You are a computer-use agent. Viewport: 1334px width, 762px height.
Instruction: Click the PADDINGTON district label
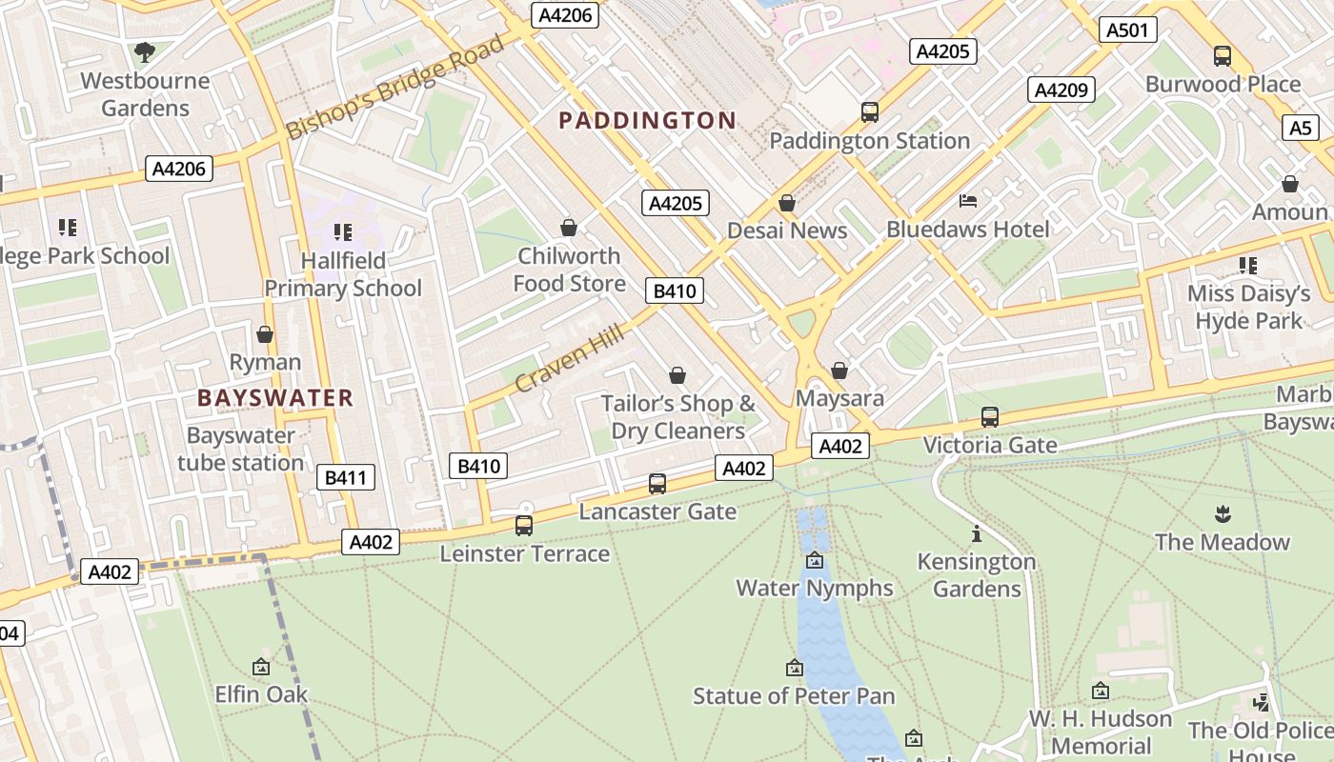click(x=647, y=121)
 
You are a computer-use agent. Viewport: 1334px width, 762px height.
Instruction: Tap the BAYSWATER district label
click(x=275, y=398)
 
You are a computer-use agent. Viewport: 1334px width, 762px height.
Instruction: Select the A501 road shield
click(x=1127, y=30)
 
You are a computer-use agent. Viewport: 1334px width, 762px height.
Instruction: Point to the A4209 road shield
click(x=1061, y=90)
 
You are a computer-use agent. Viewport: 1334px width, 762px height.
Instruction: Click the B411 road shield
click(x=345, y=478)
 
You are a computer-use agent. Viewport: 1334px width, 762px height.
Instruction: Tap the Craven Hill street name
click(x=570, y=357)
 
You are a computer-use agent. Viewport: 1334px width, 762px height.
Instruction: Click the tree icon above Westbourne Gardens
click(x=145, y=51)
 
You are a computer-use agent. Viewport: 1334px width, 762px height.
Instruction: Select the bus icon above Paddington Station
click(x=869, y=111)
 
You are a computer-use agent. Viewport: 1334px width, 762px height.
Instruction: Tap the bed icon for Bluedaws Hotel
click(x=968, y=201)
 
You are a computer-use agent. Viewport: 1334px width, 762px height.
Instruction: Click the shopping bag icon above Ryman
click(x=265, y=334)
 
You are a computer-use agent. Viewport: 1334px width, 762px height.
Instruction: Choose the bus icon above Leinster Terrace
click(x=524, y=525)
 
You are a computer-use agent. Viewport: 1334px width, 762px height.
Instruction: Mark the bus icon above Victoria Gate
click(x=990, y=416)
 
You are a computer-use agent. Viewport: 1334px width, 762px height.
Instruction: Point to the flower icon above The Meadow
click(x=1223, y=514)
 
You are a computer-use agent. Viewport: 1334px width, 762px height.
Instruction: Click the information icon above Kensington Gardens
click(x=976, y=533)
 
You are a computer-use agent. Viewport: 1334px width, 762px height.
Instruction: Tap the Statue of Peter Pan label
click(x=794, y=696)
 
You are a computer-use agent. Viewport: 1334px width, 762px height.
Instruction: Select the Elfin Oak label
click(x=261, y=694)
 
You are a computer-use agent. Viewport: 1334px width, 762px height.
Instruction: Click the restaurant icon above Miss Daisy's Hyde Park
click(x=1248, y=265)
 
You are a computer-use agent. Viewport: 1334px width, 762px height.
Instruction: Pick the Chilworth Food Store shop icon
click(x=569, y=228)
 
